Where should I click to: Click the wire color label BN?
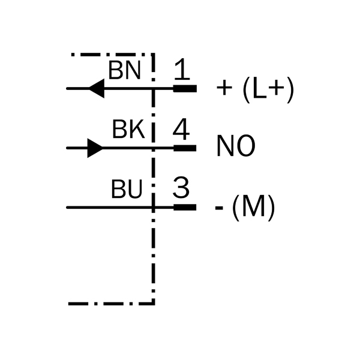125,71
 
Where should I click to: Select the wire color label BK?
128,130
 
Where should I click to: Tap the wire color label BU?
127,190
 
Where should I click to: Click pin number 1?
181,70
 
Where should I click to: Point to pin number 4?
181,129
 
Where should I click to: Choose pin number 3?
181,188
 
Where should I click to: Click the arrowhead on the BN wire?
96,89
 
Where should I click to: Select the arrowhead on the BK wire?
95,148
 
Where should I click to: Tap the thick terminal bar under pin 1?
185,89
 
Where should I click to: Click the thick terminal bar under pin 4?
185,148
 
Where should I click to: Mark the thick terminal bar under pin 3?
185,208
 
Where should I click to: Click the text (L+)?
268,89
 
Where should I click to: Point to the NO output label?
235,147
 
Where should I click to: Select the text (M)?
253,208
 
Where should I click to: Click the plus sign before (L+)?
224,89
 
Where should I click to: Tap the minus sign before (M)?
220,209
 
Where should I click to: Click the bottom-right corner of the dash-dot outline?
154,303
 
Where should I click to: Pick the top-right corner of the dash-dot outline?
154,55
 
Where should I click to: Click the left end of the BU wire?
67,208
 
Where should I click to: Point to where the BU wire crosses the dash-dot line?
154,208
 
